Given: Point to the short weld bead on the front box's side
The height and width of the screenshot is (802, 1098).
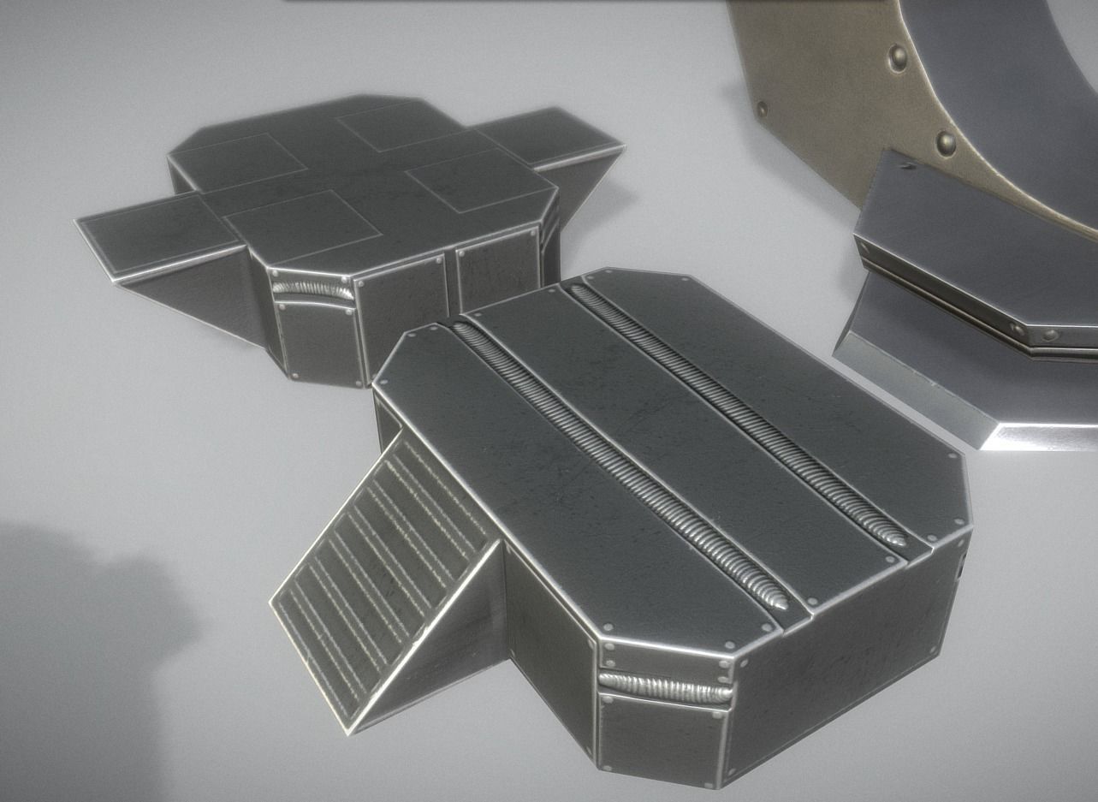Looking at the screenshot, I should [x=665, y=688].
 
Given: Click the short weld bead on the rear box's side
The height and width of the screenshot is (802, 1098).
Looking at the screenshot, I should [x=313, y=290].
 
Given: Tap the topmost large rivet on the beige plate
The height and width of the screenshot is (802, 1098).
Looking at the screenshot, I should [x=897, y=58].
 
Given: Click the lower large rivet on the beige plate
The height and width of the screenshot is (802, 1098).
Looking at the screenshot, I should [x=945, y=142].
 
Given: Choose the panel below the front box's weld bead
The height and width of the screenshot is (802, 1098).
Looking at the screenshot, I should [x=659, y=736].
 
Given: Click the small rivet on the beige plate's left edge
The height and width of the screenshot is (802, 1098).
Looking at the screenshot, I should [x=761, y=109].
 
